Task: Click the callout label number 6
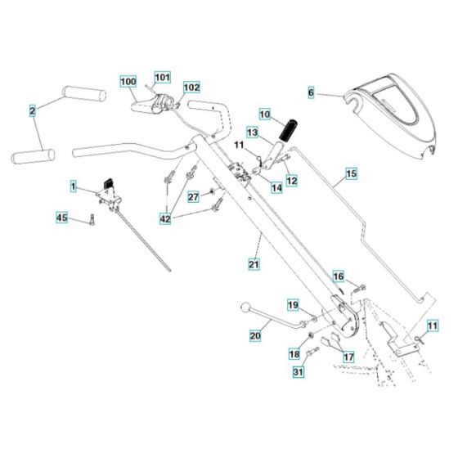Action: coord(311,93)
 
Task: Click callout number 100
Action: coord(128,82)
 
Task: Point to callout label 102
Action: coord(191,87)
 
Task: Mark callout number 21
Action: coord(254,263)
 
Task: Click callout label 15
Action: coord(351,174)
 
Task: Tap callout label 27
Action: coord(193,197)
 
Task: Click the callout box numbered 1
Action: coord(74,188)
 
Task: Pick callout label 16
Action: coord(338,277)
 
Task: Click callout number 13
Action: coord(253,132)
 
